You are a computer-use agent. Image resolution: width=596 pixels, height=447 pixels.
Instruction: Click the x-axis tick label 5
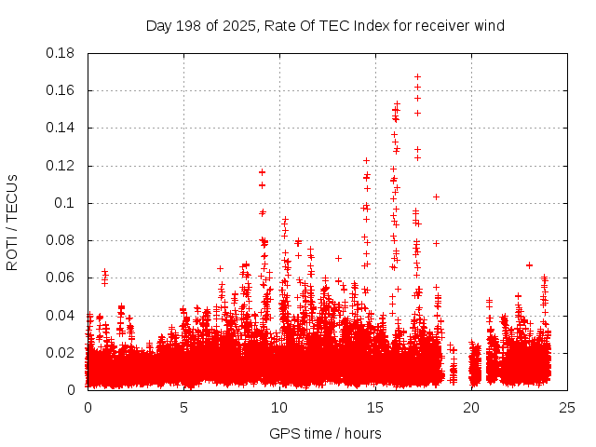[x=183, y=407]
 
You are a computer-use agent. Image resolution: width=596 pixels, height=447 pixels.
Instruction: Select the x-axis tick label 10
[x=279, y=407]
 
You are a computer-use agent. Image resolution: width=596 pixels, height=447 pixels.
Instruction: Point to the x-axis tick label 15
[x=375, y=407]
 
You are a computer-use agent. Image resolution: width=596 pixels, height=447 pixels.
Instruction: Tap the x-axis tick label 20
[x=471, y=407]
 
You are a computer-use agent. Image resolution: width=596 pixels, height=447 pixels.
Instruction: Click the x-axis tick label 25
[x=567, y=407]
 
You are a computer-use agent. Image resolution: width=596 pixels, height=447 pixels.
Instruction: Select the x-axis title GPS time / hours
[x=325, y=433]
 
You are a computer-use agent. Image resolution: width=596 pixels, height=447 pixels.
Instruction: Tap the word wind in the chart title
[x=488, y=25]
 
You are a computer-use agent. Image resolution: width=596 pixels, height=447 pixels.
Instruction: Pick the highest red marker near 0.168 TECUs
[x=417, y=76]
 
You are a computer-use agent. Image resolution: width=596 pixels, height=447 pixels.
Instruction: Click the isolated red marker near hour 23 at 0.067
[x=529, y=264]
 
